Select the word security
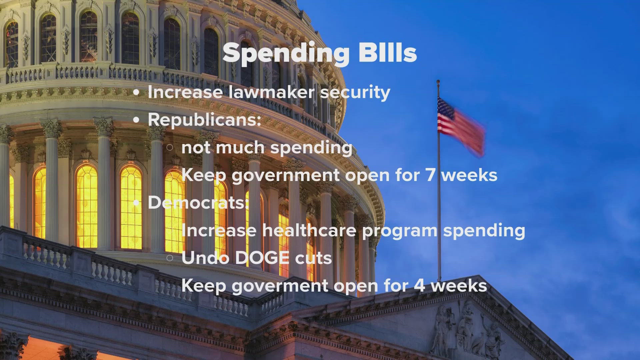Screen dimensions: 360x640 355,93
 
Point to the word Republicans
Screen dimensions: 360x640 204,119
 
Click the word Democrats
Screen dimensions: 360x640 198,202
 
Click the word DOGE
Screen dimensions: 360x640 262,258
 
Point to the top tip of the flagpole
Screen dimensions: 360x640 438,81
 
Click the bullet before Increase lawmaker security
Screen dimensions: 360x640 136,93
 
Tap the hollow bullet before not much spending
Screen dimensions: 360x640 169,147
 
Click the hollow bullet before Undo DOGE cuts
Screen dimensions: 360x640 169,258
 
